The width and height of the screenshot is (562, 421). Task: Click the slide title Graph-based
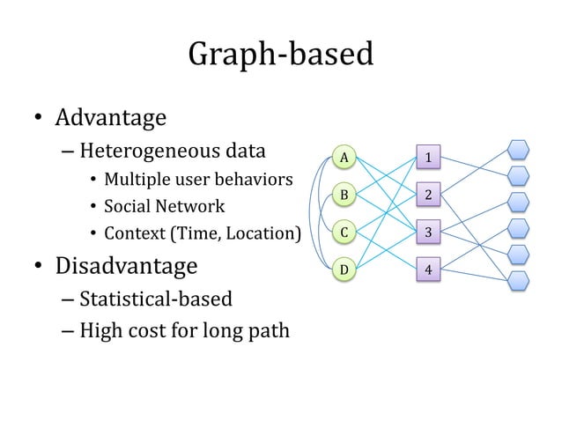(281, 55)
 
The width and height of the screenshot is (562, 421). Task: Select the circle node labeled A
(345, 158)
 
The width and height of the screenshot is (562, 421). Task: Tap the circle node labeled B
(345, 195)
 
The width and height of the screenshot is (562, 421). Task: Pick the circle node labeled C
(345, 233)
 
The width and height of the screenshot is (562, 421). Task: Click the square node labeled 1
(428, 158)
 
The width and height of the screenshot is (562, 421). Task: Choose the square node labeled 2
(428, 195)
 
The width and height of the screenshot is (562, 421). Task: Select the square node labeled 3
(428, 233)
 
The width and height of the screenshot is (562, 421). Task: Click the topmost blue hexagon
(519, 151)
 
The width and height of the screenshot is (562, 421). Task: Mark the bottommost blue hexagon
(519, 281)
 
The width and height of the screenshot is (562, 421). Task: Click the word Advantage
(111, 117)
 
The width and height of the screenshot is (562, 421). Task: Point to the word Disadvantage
(127, 265)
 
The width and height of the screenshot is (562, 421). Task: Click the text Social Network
(165, 207)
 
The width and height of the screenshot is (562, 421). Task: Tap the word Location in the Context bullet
(264, 234)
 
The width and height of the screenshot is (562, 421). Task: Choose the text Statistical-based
(156, 299)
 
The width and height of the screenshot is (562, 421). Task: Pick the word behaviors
(256, 181)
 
